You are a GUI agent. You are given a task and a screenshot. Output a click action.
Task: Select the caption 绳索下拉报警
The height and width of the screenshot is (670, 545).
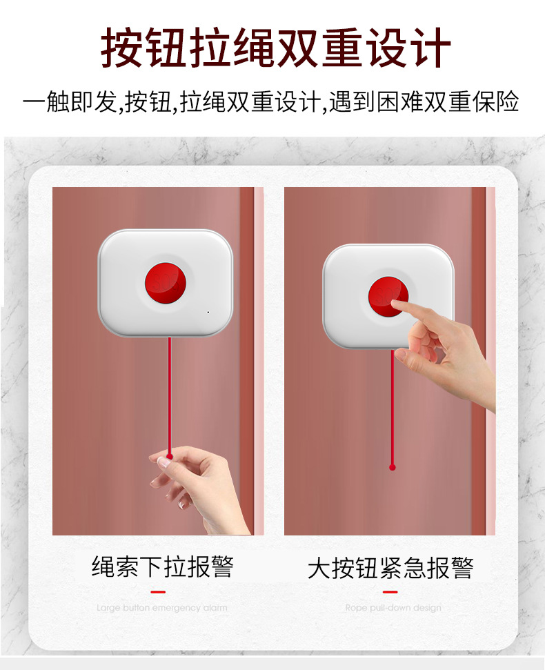coord(163,566)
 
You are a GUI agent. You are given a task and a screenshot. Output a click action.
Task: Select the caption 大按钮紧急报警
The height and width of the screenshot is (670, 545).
coord(390,569)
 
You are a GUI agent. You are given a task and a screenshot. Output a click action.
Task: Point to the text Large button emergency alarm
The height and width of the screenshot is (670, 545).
coord(161,608)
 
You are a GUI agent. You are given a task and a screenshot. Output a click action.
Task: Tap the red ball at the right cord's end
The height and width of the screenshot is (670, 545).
coord(393,467)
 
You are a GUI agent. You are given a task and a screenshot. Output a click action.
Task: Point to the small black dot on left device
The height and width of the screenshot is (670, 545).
coord(208,312)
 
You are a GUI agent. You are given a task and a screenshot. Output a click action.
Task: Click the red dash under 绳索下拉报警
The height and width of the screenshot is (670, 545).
coord(158,591)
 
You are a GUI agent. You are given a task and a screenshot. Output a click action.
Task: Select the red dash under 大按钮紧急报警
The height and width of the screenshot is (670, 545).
coord(390,591)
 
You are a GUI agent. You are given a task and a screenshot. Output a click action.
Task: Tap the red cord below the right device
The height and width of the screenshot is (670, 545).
coord(393,414)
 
